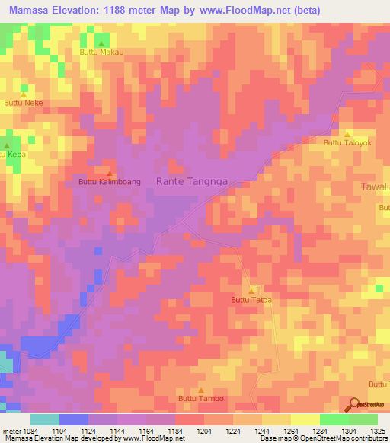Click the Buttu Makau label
point(101,53)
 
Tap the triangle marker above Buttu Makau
point(101,44)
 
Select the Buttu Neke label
point(23,102)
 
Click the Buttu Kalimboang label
point(110,182)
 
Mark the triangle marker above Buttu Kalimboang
point(110,173)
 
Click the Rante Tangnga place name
point(192,181)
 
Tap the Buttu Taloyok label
point(347,142)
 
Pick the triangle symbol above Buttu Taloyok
point(347,133)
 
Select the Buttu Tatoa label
point(251,300)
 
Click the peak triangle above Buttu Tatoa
point(251,291)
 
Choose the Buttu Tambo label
point(201,398)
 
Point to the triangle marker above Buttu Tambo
point(201,389)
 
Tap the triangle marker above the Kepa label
point(8,145)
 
